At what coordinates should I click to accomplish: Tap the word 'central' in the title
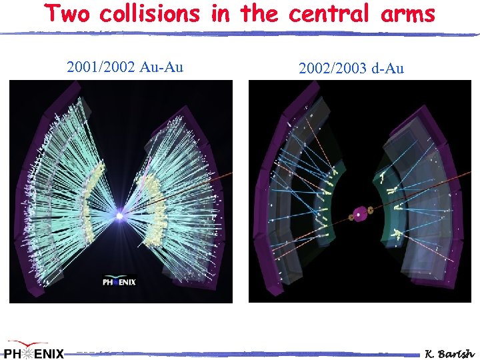point(331,14)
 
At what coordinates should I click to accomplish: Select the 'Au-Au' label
point(160,67)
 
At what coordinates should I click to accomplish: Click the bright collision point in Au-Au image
point(120,216)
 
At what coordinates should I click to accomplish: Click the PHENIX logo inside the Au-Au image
point(119,280)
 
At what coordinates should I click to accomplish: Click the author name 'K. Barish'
point(450,353)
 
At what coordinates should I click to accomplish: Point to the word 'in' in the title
point(219,14)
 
